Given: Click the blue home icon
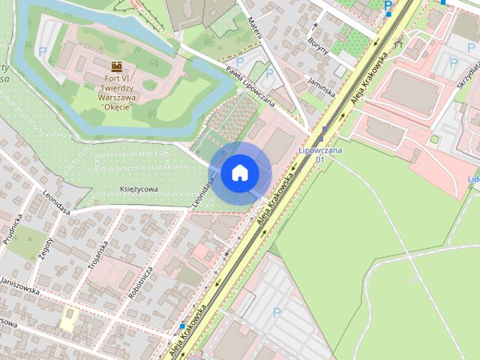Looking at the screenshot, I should click(238, 173).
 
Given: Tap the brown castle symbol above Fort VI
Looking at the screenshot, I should click(117, 66).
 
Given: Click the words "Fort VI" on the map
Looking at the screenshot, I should click(116, 78).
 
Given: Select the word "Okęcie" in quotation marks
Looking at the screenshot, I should click(116, 106).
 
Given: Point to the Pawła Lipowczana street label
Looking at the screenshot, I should click(250, 85).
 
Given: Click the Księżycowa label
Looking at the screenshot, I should click(139, 190).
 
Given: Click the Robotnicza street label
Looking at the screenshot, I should click(140, 283).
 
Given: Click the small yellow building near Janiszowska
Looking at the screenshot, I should click(69, 319).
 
